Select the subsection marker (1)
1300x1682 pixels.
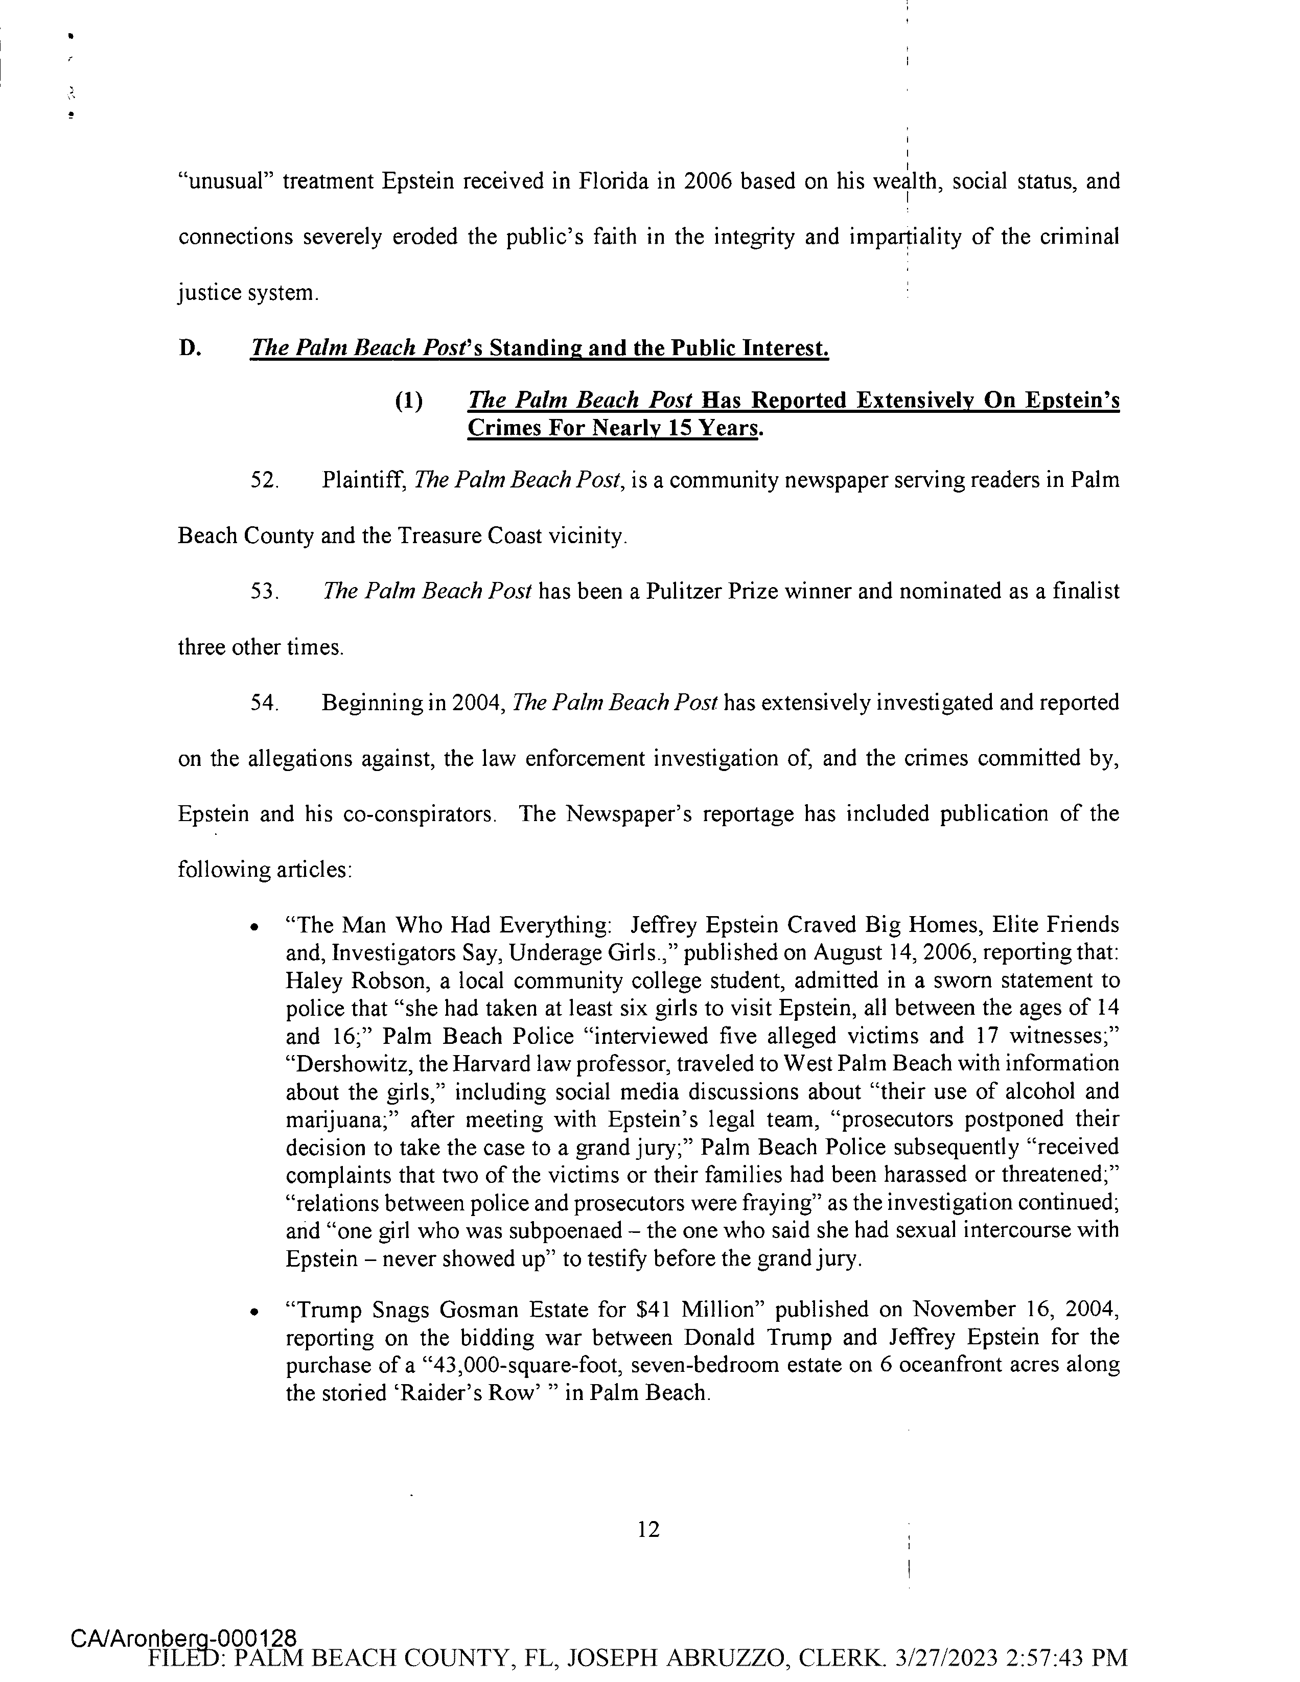(x=408, y=401)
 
